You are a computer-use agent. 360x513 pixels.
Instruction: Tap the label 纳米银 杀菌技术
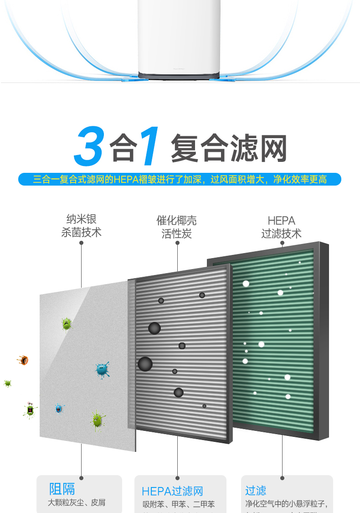(81, 226)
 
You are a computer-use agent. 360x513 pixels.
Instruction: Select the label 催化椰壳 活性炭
(177, 227)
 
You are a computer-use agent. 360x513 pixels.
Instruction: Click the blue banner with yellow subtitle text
(180, 179)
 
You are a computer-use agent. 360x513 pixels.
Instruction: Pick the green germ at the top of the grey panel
(67, 324)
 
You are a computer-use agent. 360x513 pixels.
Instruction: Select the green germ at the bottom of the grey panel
(97, 420)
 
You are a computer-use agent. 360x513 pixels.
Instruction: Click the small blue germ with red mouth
(59, 408)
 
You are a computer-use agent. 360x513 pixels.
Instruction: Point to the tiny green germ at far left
(7, 383)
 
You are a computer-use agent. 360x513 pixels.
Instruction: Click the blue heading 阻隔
(62, 489)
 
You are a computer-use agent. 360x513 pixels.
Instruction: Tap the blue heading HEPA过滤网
(172, 491)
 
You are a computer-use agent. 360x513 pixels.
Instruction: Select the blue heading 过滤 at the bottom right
(256, 491)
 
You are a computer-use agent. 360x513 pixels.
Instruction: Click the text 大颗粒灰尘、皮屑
(77, 503)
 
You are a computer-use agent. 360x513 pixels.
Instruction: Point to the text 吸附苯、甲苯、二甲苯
(178, 504)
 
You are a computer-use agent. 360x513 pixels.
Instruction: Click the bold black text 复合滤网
(229, 148)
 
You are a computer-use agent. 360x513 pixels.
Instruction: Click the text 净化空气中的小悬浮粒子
(287, 504)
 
